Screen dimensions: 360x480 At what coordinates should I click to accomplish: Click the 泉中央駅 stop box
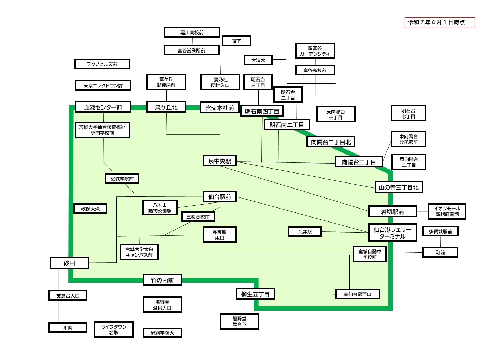coord(220,161)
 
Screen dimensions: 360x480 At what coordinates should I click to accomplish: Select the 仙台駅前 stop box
coord(220,197)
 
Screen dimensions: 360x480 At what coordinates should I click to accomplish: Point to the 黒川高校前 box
coord(192,32)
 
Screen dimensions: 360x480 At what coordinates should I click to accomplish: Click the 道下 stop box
coord(236,41)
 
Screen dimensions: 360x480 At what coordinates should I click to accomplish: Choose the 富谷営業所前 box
coord(191,50)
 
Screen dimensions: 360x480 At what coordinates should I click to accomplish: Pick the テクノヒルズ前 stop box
coord(102,64)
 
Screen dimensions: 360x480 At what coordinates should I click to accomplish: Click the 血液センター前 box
coord(103,107)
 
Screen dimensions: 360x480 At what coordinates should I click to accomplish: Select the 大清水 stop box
coord(258,60)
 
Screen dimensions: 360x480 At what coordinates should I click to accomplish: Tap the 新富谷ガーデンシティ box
coord(315,51)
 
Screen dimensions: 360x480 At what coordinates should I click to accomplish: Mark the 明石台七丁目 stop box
coord(408,114)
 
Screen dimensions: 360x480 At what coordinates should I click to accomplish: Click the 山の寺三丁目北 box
coord(399,187)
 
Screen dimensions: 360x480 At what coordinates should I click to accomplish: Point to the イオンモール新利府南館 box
coord(447,211)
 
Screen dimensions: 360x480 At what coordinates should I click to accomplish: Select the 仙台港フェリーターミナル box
coord(392,233)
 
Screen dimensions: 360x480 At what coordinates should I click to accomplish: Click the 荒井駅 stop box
coord(305,232)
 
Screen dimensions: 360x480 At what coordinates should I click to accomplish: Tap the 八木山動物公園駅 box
coord(160,208)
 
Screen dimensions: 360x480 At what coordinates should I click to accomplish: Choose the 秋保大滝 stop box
coord(90,209)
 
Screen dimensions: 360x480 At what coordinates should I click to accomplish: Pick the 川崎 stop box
coord(68,327)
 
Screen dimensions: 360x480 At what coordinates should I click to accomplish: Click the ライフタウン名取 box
coord(114,329)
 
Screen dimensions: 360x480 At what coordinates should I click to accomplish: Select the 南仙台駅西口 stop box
coord(357,294)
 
